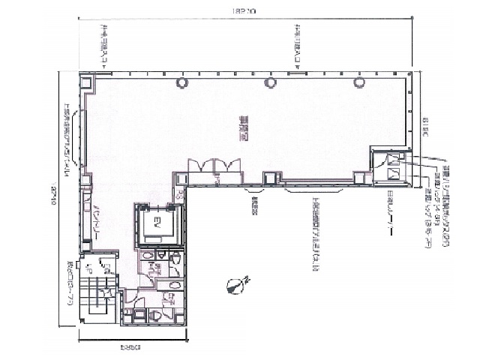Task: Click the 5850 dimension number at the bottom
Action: click(112, 347)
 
